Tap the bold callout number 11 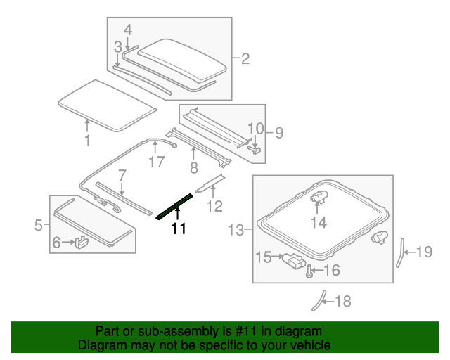(179, 229)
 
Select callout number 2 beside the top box (245, 59)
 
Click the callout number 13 (236, 229)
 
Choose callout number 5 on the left (39, 225)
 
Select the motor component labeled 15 (295, 263)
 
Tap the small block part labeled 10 (257, 148)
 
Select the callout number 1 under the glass (87, 141)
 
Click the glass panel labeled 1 (105, 105)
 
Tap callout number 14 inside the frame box (319, 223)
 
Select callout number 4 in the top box (127, 30)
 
